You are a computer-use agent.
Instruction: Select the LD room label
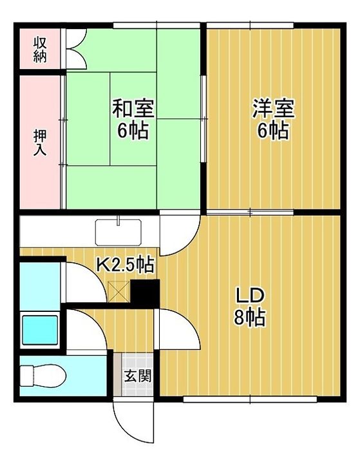[249, 296]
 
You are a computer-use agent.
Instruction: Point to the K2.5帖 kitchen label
[125, 264]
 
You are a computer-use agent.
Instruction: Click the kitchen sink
[119, 230]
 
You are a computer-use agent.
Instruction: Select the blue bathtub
[40, 329]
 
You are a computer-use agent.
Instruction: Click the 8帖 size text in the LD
[249, 318]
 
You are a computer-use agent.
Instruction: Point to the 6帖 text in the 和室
[133, 131]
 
